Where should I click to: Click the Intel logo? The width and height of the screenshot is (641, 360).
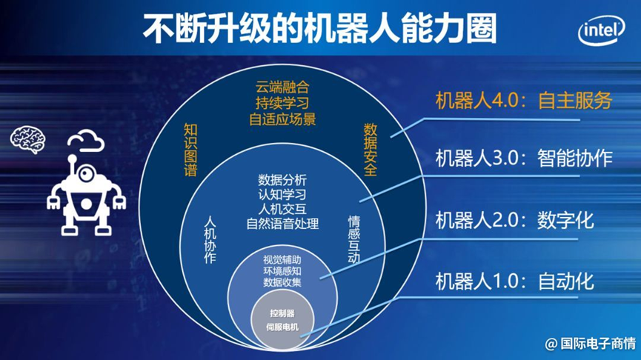(601, 30)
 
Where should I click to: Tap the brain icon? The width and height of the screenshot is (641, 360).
(28, 139)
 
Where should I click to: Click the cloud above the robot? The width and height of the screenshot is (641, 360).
(86, 141)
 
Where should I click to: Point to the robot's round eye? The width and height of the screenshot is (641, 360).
(85, 174)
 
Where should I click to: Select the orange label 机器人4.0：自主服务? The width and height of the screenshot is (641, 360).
(524, 101)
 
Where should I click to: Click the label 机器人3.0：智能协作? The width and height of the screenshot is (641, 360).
(524, 158)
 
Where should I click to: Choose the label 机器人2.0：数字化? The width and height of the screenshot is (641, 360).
(514, 221)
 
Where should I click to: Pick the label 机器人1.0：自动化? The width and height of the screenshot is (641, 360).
(514, 281)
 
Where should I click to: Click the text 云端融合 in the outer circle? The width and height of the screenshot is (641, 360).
(282, 87)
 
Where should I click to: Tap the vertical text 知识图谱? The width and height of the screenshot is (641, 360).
(191, 150)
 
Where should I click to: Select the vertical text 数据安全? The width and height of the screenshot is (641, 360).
(371, 150)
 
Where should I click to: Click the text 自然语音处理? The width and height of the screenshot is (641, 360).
(282, 224)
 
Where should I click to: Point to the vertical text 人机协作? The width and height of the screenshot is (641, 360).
(210, 239)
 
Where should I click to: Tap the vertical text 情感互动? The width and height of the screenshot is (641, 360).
(354, 239)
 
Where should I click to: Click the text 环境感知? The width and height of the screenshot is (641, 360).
(282, 271)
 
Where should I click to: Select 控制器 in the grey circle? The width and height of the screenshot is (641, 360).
(282, 313)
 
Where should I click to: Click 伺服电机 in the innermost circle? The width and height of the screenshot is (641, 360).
(282, 327)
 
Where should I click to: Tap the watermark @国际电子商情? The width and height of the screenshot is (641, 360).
(591, 343)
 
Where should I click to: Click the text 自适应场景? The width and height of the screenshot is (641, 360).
(282, 119)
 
